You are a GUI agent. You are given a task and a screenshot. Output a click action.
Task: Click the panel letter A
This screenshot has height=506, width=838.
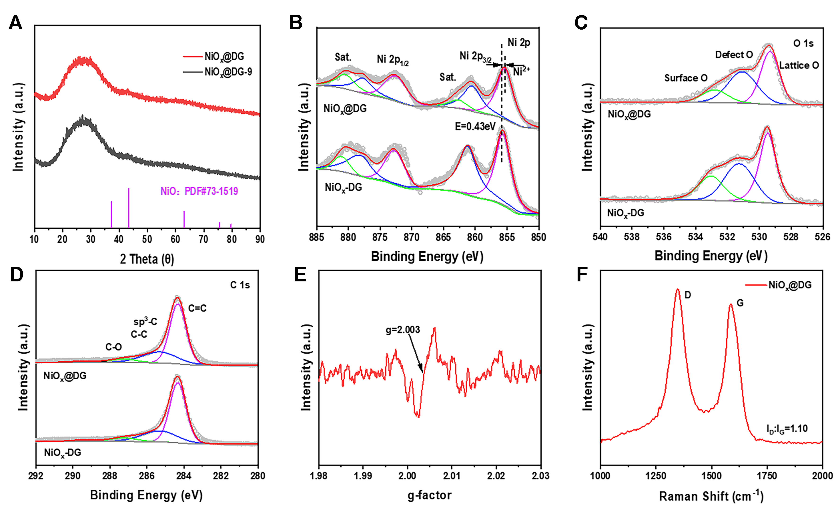point(15,23)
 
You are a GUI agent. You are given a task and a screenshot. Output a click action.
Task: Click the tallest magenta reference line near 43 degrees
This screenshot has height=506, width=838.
point(129,208)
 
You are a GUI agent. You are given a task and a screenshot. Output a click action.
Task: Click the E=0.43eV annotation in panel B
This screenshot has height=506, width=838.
point(475,127)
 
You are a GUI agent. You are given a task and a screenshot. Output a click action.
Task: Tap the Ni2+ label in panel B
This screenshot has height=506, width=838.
point(521,71)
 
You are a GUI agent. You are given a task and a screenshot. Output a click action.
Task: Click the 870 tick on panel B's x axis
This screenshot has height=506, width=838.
point(412,237)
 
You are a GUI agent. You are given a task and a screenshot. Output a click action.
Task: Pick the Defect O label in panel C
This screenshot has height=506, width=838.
point(734,55)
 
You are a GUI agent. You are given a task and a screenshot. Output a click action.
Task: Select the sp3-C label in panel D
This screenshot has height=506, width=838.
point(145,322)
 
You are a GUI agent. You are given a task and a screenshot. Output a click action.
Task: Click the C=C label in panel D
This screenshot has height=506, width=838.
point(197,308)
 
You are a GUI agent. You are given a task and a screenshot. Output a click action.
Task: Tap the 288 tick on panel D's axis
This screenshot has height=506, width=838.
point(110,476)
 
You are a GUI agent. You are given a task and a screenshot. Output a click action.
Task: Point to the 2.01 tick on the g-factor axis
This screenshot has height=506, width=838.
point(452,476)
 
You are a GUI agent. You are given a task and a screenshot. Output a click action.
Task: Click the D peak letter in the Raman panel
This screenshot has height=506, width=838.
point(687,295)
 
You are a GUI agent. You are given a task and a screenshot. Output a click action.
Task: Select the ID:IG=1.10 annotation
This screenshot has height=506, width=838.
point(787,429)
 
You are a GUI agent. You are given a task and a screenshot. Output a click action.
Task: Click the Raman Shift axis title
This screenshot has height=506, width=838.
point(711,496)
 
